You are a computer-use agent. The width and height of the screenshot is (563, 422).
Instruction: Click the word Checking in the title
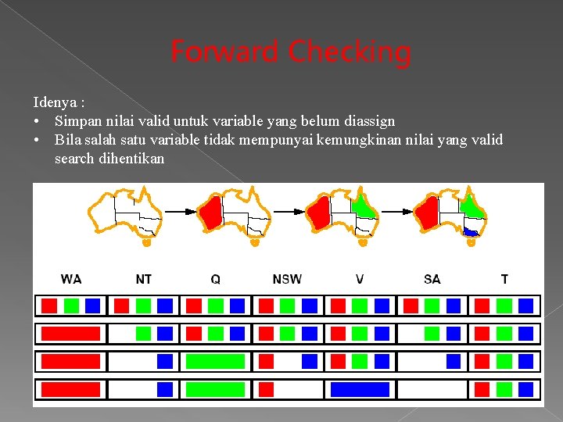click(349, 53)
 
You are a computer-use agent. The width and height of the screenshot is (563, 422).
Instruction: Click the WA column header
click(71, 278)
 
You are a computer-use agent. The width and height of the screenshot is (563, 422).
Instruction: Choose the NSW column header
click(287, 278)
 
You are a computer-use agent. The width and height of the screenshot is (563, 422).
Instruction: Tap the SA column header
click(432, 278)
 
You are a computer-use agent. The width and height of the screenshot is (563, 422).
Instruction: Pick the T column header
click(504, 278)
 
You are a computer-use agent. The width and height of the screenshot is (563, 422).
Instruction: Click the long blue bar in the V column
click(360, 389)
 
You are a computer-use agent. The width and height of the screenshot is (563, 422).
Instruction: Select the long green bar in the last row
click(215, 389)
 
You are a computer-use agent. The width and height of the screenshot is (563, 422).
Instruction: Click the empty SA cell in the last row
click(432, 389)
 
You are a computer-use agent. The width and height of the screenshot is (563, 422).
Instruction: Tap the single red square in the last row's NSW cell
click(267, 389)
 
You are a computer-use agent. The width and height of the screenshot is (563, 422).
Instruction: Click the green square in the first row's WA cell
click(71, 306)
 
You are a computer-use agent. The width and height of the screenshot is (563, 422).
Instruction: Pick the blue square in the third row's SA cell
click(454, 361)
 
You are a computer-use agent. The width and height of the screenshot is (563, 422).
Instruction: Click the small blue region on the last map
click(470, 231)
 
